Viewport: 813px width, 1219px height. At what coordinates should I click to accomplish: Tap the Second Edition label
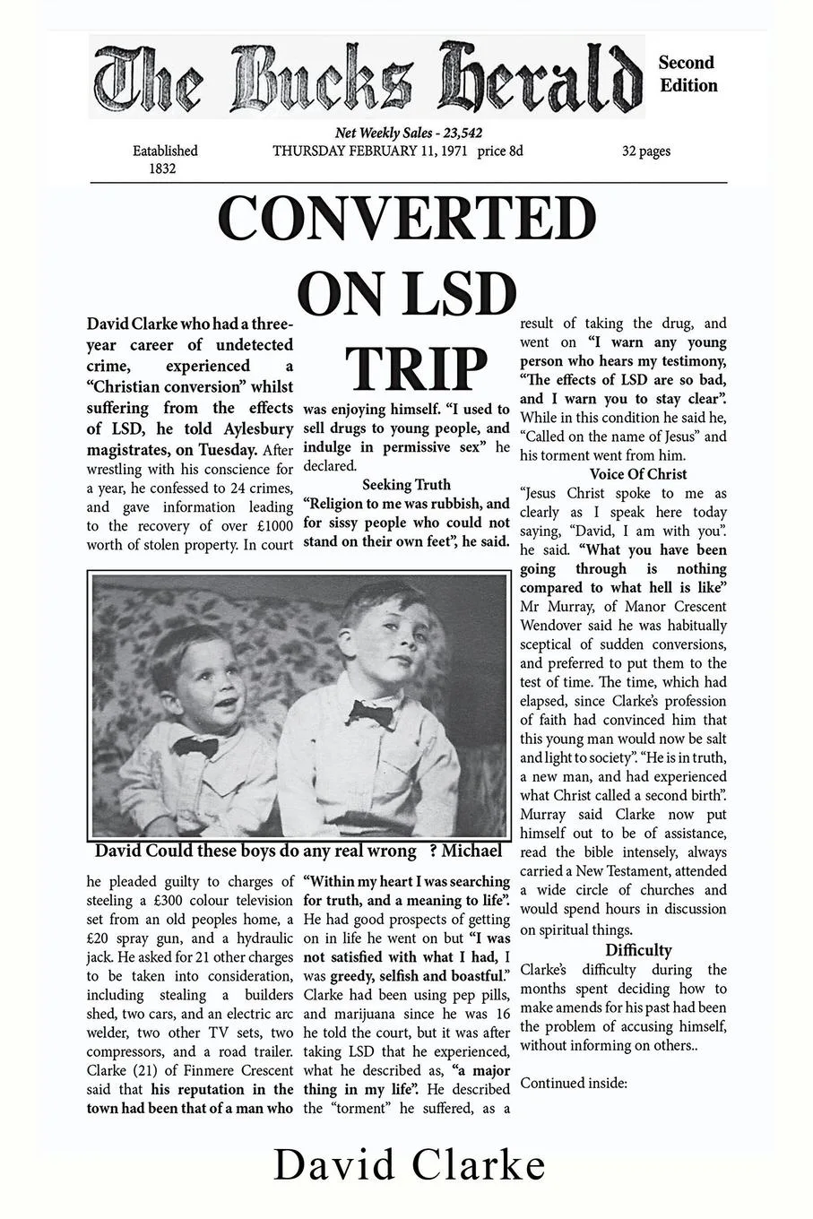coord(688,74)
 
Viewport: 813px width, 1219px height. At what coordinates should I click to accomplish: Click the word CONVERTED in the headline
coord(407,219)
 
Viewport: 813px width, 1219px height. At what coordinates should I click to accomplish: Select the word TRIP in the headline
coord(416,368)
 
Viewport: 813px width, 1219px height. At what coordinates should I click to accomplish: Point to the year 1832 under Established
coord(162,169)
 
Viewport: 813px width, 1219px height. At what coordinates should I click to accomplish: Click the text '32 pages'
coord(646,151)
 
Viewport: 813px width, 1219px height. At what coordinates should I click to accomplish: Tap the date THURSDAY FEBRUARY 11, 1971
coord(370,151)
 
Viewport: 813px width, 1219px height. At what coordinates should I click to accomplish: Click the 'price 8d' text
coord(500,151)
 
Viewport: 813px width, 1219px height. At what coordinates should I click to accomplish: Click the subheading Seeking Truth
coord(406,485)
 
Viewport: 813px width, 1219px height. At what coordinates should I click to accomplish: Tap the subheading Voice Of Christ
coord(638,474)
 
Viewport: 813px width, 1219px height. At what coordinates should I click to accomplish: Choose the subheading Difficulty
coord(638,950)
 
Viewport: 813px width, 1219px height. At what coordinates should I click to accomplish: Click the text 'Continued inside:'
coord(573,1083)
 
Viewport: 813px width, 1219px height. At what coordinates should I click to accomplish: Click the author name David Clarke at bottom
coord(409,1165)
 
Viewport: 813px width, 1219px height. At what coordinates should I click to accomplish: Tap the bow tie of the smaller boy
coord(195,746)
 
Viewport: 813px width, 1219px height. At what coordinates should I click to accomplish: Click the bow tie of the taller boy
coord(370,714)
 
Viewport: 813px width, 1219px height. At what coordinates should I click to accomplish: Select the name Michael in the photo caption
coord(471,851)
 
